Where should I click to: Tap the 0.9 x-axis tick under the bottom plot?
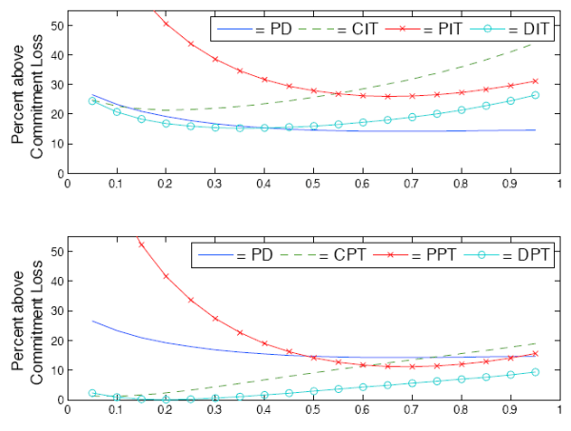(x=511, y=412)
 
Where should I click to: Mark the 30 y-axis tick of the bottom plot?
(x=55, y=310)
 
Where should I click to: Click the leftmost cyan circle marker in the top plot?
(x=92, y=101)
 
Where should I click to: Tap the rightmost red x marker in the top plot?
(x=535, y=81)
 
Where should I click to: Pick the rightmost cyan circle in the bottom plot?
(x=535, y=372)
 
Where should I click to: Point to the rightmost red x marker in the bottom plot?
(x=535, y=353)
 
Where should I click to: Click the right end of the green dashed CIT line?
(x=535, y=43)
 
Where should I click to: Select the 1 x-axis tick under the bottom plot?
(x=560, y=412)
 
